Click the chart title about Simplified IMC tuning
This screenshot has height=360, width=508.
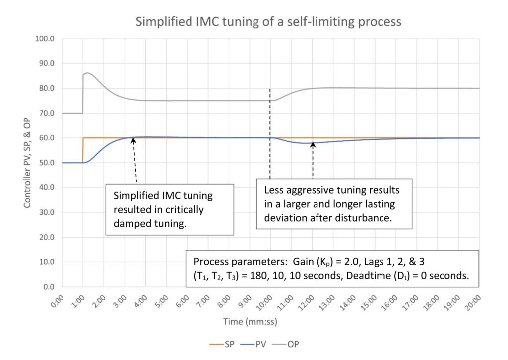[268, 22]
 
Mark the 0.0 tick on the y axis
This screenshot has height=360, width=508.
[48, 287]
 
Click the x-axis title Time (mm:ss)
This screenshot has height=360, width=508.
[250, 322]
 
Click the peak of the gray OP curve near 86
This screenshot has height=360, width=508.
[87, 73]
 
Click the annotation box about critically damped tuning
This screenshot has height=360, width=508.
[170, 209]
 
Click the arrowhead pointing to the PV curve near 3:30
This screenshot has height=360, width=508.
[132, 140]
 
